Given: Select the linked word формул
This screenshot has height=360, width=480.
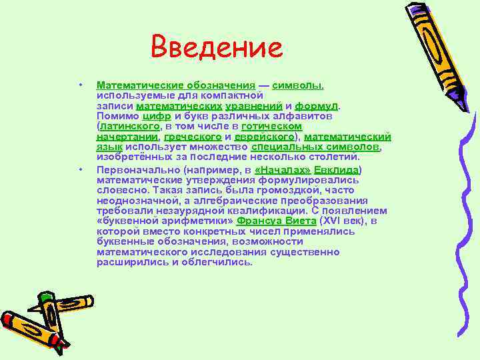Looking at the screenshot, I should pyautogui.click(x=317, y=105).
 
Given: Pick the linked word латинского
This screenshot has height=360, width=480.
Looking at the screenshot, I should pyautogui.click(x=130, y=125).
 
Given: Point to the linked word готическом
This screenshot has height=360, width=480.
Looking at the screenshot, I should pyautogui.click(x=272, y=125).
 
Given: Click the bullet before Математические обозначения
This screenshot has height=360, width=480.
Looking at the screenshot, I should pyautogui.click(x=79, y=85).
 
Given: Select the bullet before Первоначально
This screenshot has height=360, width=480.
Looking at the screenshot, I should pyautogui.click(x=79, y=170).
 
